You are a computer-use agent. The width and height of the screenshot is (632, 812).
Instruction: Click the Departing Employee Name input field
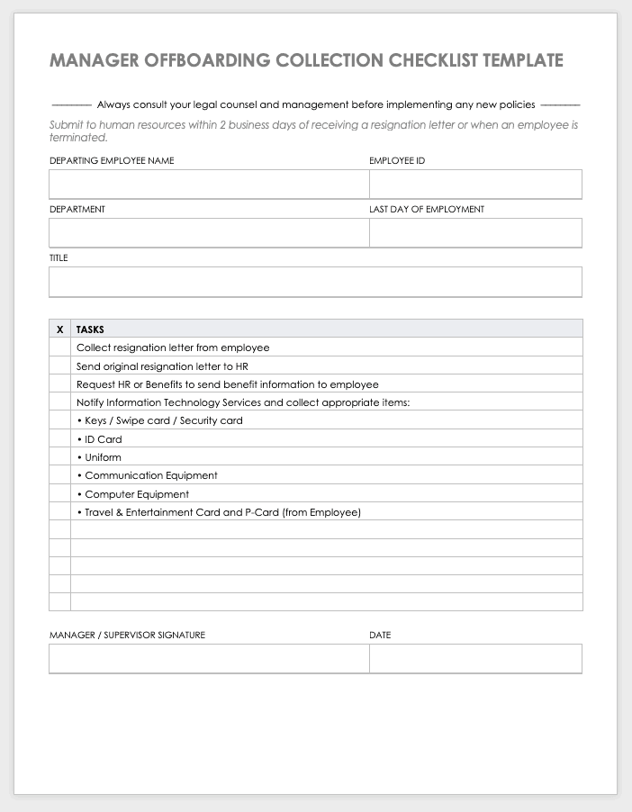pos(209,185)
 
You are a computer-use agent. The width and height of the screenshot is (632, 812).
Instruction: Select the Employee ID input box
pos(475,185)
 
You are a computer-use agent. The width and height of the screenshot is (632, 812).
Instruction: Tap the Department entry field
pos(209,232)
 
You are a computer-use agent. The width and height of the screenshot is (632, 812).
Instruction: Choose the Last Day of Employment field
pos(475,232)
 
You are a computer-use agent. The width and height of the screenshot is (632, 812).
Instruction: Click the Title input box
pos(315,282)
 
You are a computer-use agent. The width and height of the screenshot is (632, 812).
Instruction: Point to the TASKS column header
pos(90,329)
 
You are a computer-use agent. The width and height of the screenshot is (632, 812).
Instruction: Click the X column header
pos(59,329)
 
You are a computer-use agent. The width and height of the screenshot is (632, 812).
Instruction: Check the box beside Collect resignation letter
pos(59,347)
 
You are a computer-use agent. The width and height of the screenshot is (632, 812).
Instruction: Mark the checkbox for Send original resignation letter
pos(59,366)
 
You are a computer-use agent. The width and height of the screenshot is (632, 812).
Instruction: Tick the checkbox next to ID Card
pos(59,439)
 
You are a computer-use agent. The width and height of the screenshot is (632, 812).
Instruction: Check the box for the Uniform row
pos(59,457)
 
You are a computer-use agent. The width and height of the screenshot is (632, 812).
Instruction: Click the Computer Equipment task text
pos(137,494)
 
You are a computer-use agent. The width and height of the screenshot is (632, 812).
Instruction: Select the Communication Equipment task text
pos(151,475)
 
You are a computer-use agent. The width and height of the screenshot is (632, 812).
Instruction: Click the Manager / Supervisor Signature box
pos(209,659)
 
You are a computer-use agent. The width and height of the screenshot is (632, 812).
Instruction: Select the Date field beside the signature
pos(475,659)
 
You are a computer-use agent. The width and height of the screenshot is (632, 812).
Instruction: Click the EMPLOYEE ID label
pos(397,161)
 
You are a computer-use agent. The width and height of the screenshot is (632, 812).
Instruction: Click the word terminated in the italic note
pos(78,138)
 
